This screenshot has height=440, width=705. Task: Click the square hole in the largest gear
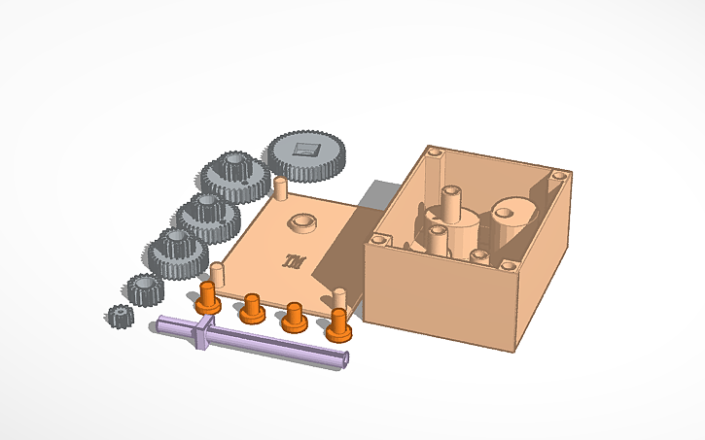click(307, 149)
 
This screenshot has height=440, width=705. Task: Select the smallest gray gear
click(119, 316)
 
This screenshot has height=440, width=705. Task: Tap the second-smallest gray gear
click(144, 287)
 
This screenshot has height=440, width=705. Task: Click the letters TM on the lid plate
click(291, 259)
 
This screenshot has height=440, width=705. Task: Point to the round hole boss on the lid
click(301, 222)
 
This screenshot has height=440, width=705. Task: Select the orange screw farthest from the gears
click(337, 324)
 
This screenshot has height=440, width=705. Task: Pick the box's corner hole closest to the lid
click(377, 236)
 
